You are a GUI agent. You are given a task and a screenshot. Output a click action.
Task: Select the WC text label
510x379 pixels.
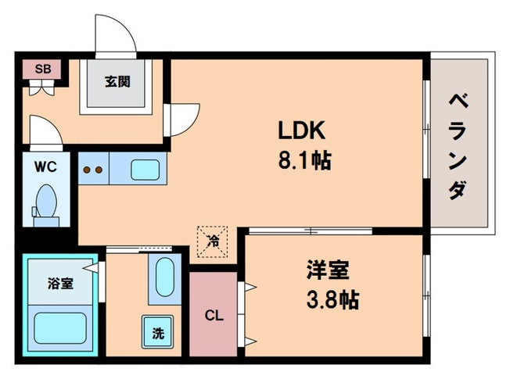[x=45, y=166]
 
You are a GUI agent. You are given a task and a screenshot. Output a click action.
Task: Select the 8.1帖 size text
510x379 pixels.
[x=303, y=161]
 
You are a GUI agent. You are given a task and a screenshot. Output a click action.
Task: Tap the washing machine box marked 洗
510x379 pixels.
[x=157, y=332]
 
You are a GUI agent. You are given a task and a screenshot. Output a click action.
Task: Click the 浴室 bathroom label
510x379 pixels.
[x=60, y=283]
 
